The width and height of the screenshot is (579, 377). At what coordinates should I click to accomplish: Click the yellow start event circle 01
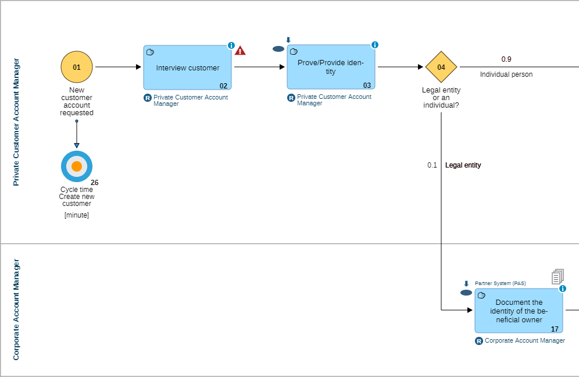coord(77,67)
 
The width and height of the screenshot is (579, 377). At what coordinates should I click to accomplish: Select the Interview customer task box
coord(187,67)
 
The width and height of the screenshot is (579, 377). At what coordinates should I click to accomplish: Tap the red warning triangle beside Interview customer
coord(240,51)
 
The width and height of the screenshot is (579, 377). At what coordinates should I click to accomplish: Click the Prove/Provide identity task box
coord(331,67)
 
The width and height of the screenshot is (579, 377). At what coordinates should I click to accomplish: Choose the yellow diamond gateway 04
coord(441,67)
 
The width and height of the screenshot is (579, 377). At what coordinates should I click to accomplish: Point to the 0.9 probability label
coord(506,59)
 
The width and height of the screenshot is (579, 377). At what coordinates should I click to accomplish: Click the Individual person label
coord(506,74)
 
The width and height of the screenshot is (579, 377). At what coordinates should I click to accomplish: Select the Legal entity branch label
coord(463,165)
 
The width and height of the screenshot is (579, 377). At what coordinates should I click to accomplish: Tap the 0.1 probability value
coord(432,165)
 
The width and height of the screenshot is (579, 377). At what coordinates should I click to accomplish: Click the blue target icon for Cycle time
coord(77,166)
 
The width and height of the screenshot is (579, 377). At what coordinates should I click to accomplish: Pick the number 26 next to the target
coord(95,183)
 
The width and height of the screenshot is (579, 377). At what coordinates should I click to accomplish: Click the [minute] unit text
coord(77,215)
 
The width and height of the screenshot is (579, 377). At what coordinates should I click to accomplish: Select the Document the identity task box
coord(519,311)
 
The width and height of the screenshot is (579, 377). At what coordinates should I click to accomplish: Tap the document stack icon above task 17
coord(557,276)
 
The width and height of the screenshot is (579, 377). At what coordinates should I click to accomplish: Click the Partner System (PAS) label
coord(500,283)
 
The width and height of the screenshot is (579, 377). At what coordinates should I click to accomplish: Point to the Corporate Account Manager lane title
coord(16,310)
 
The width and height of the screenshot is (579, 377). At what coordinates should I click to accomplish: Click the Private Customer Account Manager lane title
coord(16,122)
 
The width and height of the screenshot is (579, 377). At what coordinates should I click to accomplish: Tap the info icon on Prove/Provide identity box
coord(375,45)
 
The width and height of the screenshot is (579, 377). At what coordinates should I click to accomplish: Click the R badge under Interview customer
coord(148,98)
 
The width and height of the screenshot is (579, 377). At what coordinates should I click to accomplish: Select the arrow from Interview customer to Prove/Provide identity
coord(259,67)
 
